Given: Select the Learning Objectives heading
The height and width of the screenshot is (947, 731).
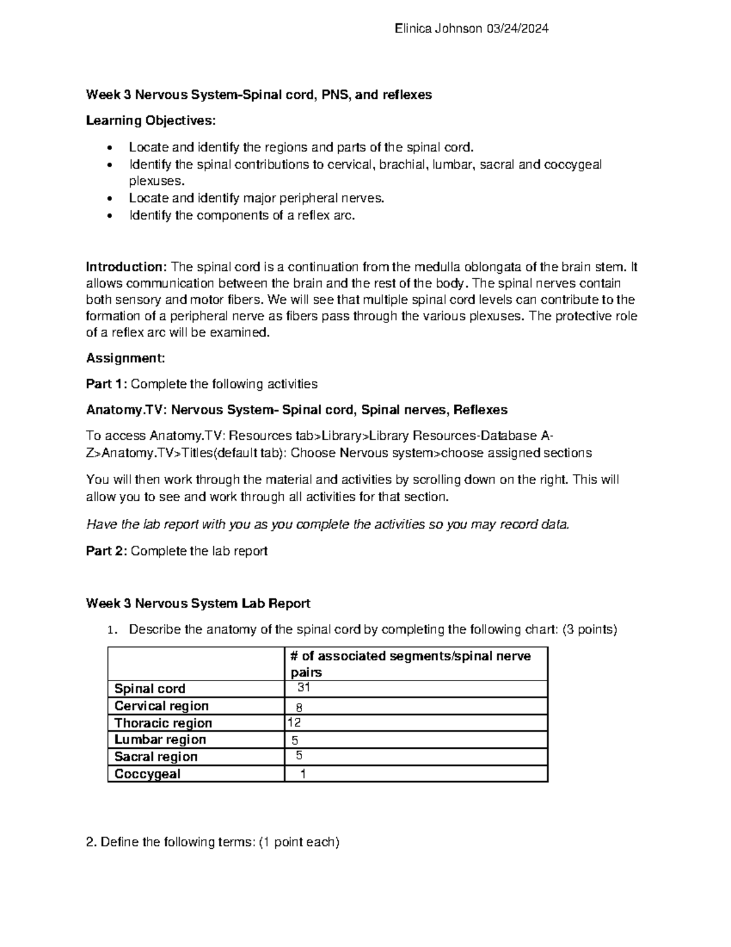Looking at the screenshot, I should (x=150, y=121).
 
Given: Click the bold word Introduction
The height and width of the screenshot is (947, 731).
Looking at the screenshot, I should (x=125, y=267).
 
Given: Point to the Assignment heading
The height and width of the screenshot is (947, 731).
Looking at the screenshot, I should (x=125, y=358).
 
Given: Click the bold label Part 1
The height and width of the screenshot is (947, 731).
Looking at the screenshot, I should (x=107, y=384).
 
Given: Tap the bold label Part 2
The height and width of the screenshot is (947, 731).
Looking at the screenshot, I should (x=107, y=551).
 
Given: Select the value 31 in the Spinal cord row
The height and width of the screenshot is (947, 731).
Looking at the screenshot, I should (x=303, y=687).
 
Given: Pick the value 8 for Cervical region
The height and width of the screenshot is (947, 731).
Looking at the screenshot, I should (x=299, y=708).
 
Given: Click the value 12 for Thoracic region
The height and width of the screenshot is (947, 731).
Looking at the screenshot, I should (x=294, y=723).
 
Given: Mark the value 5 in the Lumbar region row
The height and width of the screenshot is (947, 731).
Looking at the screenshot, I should (x=295, y=741).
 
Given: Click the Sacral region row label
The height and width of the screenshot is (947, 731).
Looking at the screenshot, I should (x=156, y=757).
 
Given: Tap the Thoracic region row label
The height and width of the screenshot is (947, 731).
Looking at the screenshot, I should (x=163, y=723).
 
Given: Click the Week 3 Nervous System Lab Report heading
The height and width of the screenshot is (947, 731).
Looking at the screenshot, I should (x=198, y=604).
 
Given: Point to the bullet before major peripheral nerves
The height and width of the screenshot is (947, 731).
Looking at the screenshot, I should (x=110, y=199).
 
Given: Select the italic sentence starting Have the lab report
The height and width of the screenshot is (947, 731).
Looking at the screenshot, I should (x=328, y=524).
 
